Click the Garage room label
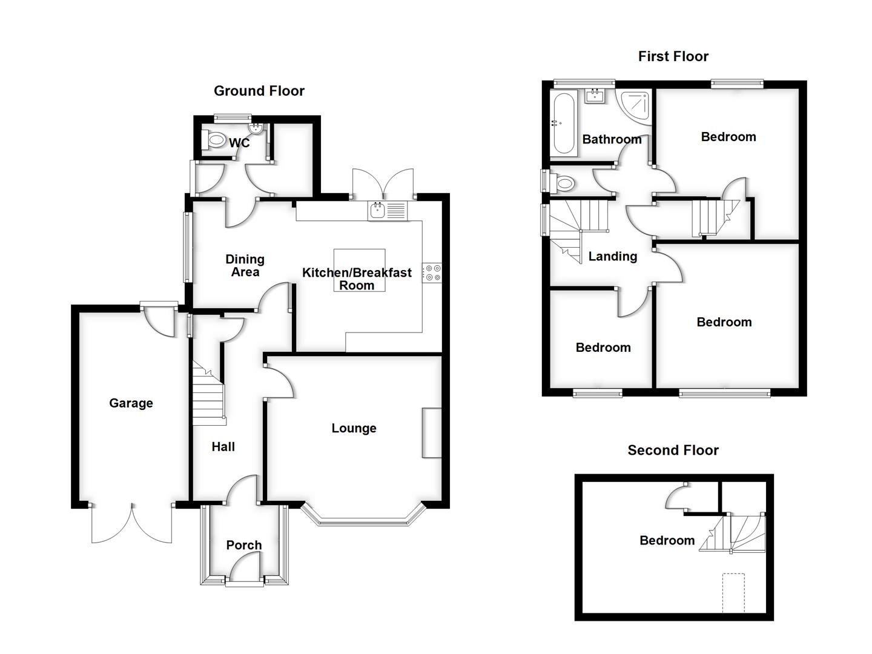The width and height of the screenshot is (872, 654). point(131,403)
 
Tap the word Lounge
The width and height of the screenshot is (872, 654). point(354,428)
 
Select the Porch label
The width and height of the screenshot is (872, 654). point(244,545)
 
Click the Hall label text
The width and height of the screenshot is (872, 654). point(223,447)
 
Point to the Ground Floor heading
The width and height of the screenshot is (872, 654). point(259,91)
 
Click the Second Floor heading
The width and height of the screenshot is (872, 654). point(673,450)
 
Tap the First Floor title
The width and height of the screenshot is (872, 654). point(673,56)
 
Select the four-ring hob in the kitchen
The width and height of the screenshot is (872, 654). point(432,272)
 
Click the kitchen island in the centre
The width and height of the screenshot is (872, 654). point(359,269)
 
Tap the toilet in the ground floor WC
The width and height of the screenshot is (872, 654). point(214,140)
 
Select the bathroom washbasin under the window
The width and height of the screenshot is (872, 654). point(596,96)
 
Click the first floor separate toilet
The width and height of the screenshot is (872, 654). point(563,182)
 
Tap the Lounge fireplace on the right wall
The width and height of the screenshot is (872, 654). point(432,432)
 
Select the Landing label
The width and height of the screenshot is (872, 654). point(612,256)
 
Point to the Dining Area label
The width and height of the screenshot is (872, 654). point(245,266)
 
